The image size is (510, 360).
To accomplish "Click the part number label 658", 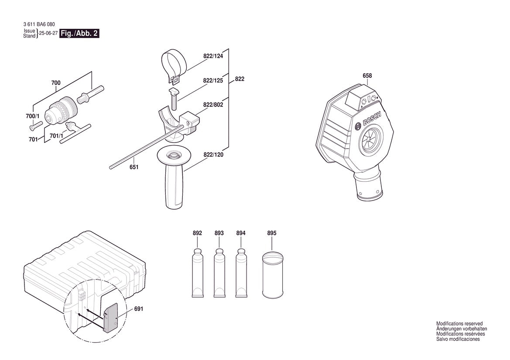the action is [x=367, y=76].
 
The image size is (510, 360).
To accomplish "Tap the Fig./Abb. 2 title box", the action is [x=79, y=34].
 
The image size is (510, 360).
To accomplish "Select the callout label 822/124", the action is [x=213, y=56].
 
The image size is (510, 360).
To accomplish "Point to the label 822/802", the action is [x=213, y=105].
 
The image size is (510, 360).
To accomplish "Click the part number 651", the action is [x=133, y=167].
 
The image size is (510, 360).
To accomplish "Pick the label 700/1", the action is [x=33, y=116].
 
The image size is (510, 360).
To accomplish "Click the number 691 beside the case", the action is [x=139, y=309].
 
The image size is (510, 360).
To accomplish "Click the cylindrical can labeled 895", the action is [x=272, y=275].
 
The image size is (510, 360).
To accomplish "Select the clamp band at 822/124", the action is [x=174, y=66].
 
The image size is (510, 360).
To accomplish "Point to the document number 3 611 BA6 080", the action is [x=39, y=24].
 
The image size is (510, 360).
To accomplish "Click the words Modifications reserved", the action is [x=459, y=324].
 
